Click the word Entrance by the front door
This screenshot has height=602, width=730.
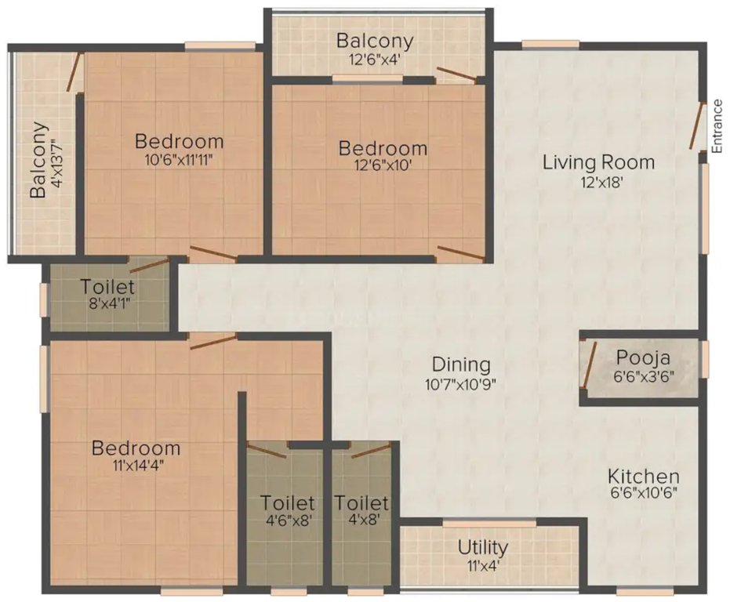pos(717,125)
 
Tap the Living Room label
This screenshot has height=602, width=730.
pos(598,162)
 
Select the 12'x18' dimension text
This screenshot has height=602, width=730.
pos(598,182)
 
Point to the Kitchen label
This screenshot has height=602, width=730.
pos(644,476)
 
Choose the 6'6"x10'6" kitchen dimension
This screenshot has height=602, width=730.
pos(644,494)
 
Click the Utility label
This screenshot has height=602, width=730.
pos(483,546)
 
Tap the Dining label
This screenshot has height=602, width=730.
pos(461,364)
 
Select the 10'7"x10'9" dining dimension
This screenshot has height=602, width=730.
pos(461,384)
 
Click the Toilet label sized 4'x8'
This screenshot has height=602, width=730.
pos(361,502)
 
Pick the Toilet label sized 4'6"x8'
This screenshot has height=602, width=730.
pos(288,502)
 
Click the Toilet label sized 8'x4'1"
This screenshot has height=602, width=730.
pos(107,287)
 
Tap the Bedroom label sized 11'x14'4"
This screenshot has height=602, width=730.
pos(136,448)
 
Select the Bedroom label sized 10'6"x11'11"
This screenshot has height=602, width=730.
pos(179,142)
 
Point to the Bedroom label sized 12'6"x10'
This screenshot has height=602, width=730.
pos(383,148)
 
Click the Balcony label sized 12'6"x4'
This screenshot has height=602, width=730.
pos(374,41)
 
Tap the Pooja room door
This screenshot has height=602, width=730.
pos(590,365)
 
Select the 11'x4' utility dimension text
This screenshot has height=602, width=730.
pos(483,564)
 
